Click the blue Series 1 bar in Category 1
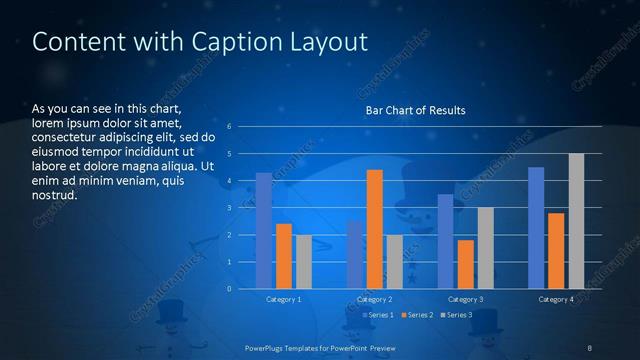tap(264, 231)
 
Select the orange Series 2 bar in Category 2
tap(375, 229)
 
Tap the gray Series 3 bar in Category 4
tap(576, 221)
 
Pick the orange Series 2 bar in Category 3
tap(466, 264)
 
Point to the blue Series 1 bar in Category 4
tap(536, 228)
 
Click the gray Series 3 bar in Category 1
tap(304, 262)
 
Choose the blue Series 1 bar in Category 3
tap(446, 241)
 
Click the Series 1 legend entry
tap(379, 315)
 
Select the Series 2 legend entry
tap(417, 315)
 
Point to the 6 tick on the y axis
tap(229, 127)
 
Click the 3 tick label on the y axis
tap(229, 208)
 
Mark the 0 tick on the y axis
tap(229, 289)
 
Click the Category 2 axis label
tap(375, 300)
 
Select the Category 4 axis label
tap(556, 300)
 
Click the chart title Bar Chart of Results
tap(415, 109)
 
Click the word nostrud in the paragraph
tap(55, 194)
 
